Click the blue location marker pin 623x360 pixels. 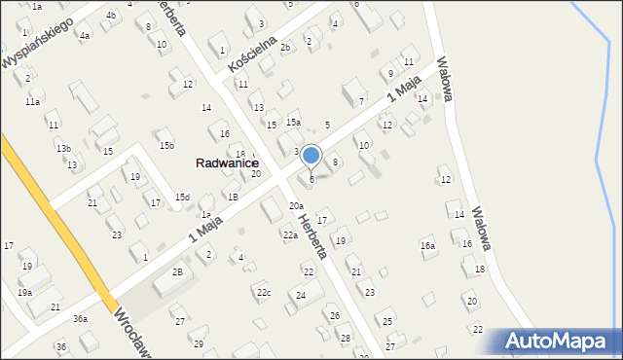tap(311, 156)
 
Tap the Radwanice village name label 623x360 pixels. tap(227, 164)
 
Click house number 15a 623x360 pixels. tap(293, 122)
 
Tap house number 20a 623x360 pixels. tap(296, 206)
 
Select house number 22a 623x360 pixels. tap(290, 235)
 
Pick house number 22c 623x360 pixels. tap(263, 292)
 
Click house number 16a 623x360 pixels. tap(427, 246)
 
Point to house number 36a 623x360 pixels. tap(80, 318)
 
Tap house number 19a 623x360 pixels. tap(24, 292)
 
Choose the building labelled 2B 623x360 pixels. tap(177, 272)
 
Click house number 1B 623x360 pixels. tap(233, 197)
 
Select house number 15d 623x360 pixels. tap(182, 197)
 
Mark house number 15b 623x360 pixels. tap(166, 146)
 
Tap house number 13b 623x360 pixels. tap(62, 148)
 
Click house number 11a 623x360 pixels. tap(33, 101)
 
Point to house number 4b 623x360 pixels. tap(111, 16)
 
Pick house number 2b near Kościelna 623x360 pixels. tap(285, 47)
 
